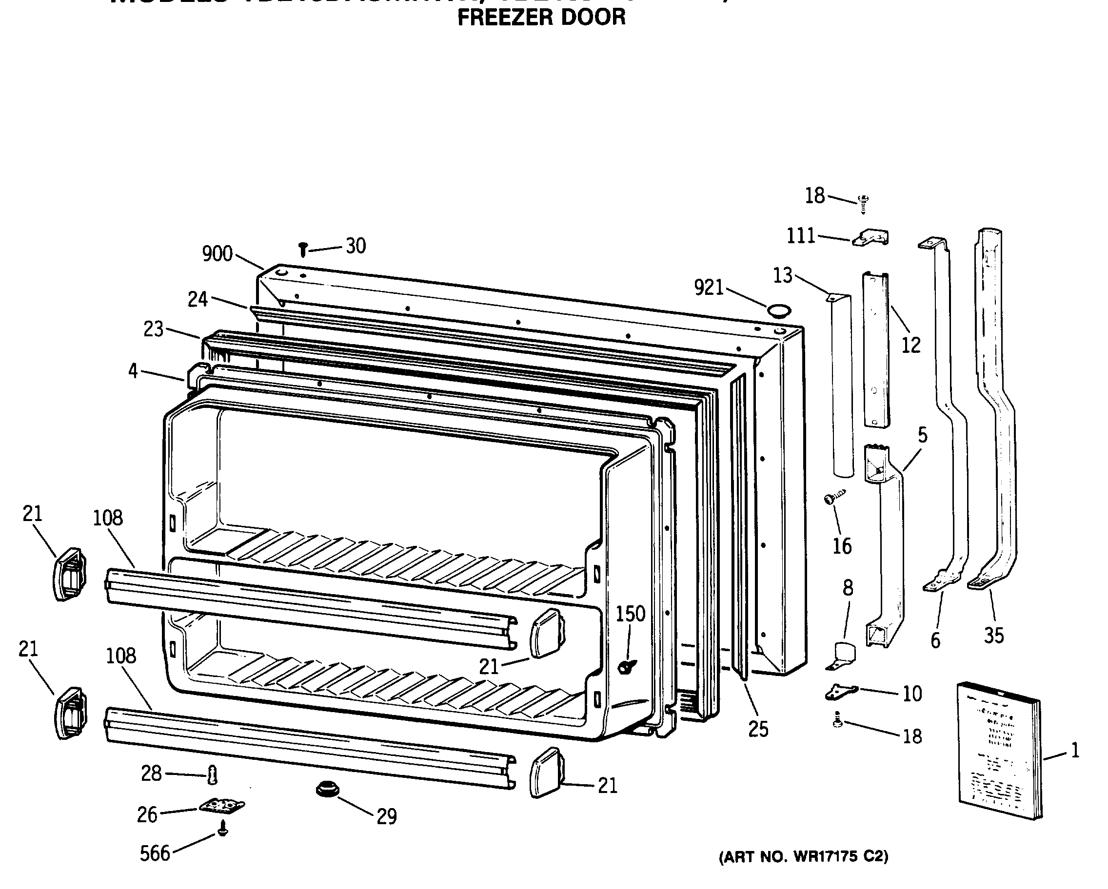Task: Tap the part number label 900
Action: (217, 254)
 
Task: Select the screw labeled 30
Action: (303, 250)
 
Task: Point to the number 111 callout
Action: (801, 236)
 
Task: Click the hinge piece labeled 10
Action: (841, 692)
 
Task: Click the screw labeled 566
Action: (222, 829)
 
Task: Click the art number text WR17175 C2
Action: (803, 857)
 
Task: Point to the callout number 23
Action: (153, 329)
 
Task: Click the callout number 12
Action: (910, 345)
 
